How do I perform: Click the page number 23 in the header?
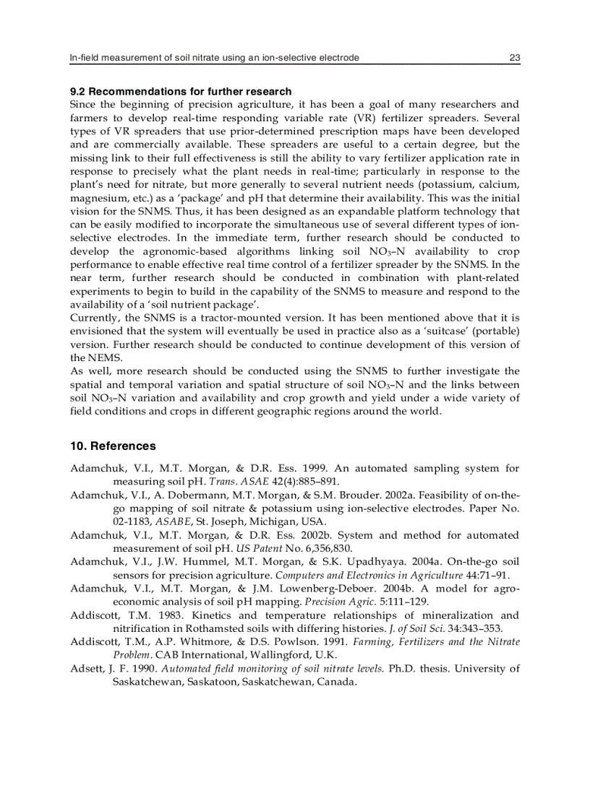(515, 57)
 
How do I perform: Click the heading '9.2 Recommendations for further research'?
(181, 92)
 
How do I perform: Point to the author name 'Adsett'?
(87, 669)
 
